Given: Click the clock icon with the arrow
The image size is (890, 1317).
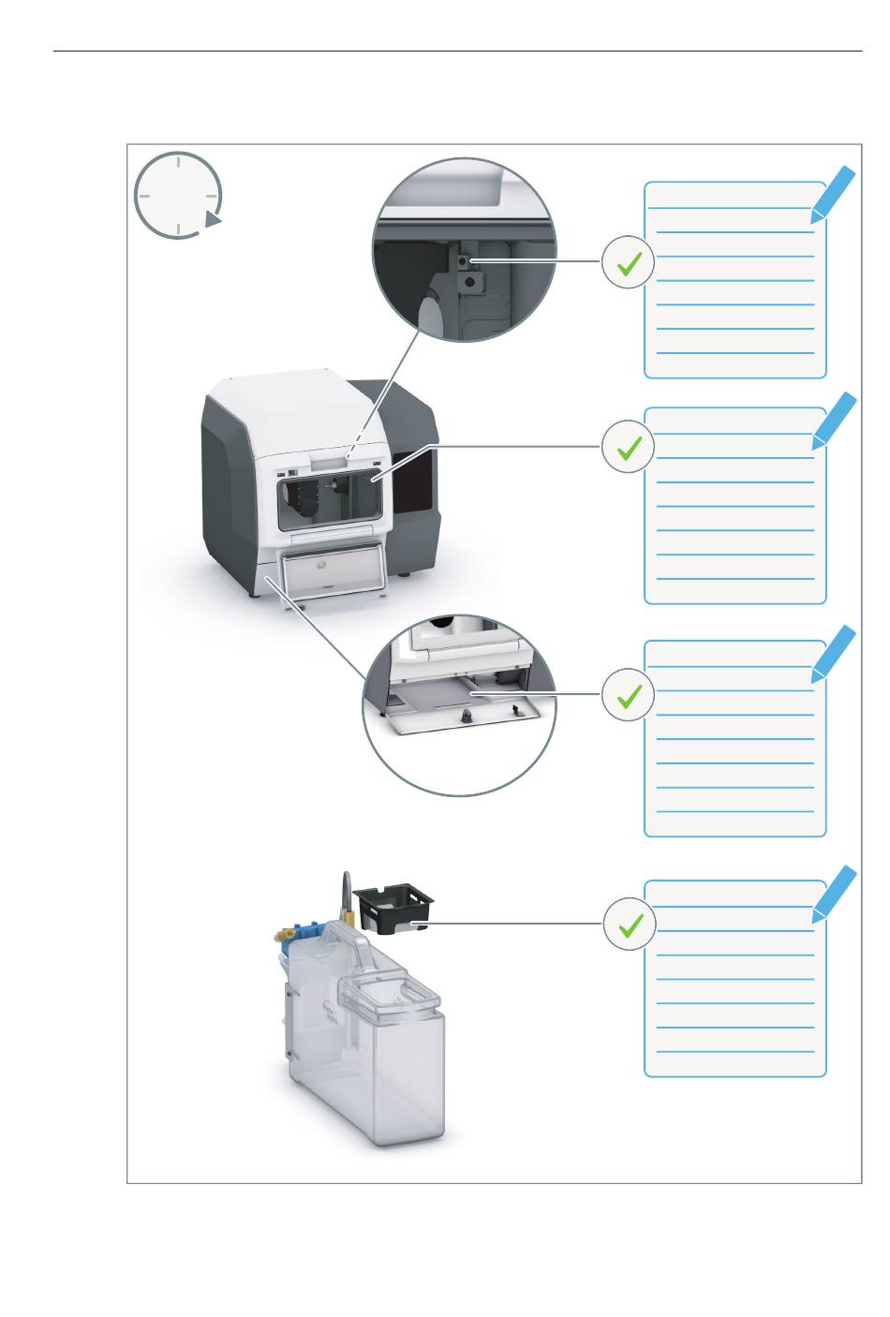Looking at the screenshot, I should click(178, 195).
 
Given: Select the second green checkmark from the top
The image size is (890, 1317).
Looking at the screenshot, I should click(628, 447).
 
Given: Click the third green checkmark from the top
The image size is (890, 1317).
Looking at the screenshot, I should click(628, 694).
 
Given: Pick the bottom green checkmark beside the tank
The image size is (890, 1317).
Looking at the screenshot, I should click(628, 923).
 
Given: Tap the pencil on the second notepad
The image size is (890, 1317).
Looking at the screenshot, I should click(834, 420).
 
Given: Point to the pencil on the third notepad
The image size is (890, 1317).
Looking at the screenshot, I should click(834, 652).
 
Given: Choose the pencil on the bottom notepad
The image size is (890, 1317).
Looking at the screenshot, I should click(834, 893).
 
